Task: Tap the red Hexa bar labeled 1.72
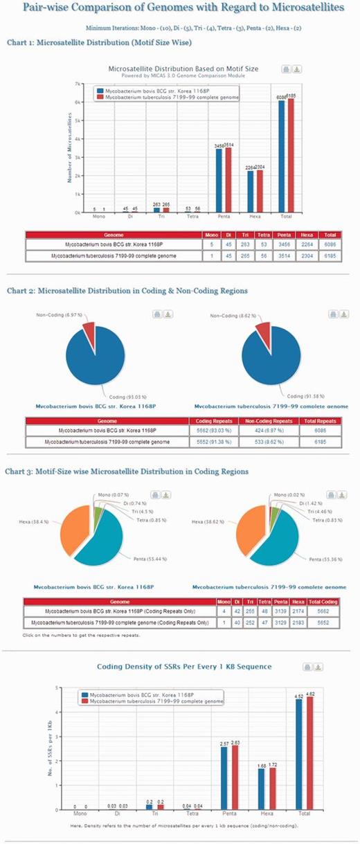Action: pyautogui.click(x=271, y=780)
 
